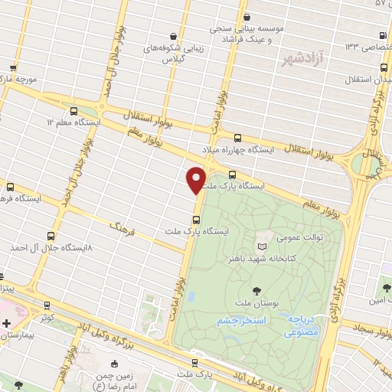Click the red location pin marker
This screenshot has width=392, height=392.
click(x=196, y=179)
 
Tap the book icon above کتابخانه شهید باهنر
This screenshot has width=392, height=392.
click(x=263, y=247)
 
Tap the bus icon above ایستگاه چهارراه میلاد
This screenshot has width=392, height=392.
click(x=237, y=138)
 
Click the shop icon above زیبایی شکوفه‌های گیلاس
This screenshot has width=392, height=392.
click(x=175, y=36)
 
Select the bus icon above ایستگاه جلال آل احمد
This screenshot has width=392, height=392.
click(x=51, y=236)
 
